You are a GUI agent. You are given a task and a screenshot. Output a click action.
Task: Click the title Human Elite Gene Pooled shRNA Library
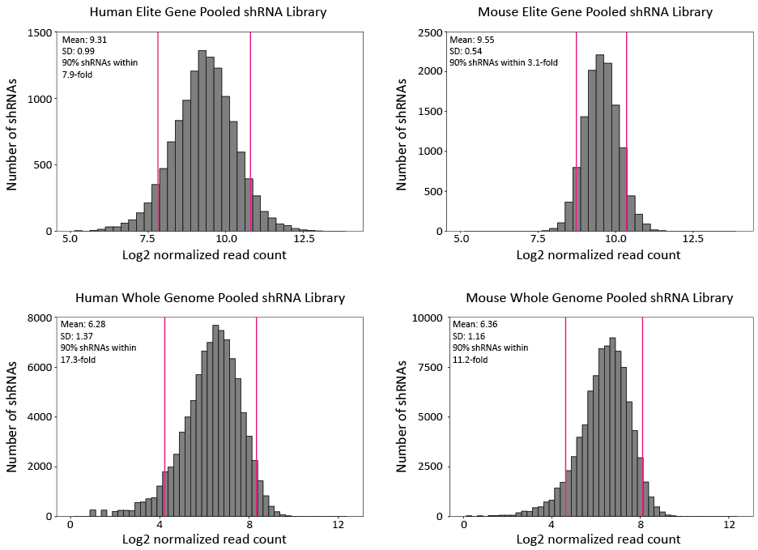click(210, 12)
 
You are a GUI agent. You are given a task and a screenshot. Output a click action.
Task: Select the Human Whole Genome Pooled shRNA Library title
click(210, 298)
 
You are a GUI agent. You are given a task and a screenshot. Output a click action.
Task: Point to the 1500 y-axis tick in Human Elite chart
click(40, 33)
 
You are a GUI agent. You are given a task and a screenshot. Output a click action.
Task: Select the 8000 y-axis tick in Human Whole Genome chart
click(40, 318)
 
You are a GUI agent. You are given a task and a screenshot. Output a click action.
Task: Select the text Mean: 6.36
click(472, 324)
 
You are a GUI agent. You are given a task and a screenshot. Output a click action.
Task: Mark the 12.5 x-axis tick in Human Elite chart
click(304, 240)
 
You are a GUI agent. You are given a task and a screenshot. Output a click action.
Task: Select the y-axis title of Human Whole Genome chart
click(13, 417)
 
